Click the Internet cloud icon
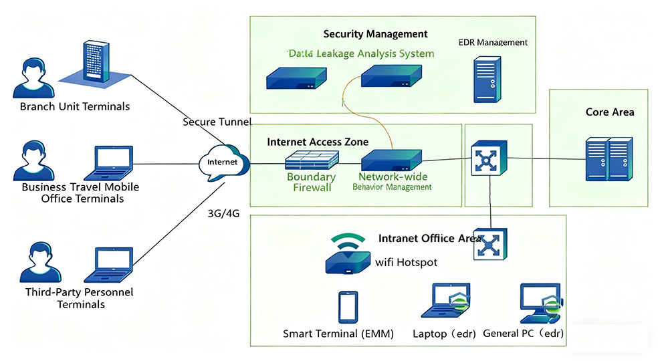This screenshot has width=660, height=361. (x=224, y=162)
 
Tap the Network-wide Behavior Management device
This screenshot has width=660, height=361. (x=392, y=160)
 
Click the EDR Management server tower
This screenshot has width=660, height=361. (x=487, y=79)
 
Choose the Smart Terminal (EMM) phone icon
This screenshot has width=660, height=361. (x=348, y=307)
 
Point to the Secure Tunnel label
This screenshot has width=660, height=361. (x=217, y=122)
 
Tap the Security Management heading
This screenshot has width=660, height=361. (x=375, y=34)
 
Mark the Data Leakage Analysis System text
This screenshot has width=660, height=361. (x=360, y=53)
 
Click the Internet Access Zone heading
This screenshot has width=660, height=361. (x=317, y=142)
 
